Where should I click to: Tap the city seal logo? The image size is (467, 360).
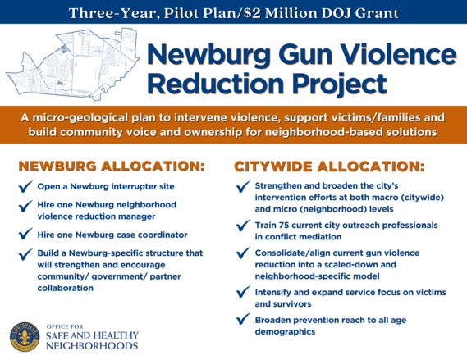pos(25,337)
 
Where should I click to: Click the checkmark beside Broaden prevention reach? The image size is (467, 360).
pos(242,321)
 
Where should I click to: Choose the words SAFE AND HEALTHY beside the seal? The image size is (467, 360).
pos(93,336)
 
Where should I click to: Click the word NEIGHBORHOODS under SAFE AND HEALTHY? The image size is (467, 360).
pos(92,348)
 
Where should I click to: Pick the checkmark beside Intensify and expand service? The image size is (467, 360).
pos(242,294)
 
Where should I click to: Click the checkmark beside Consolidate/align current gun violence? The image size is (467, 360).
pos(242,253)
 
